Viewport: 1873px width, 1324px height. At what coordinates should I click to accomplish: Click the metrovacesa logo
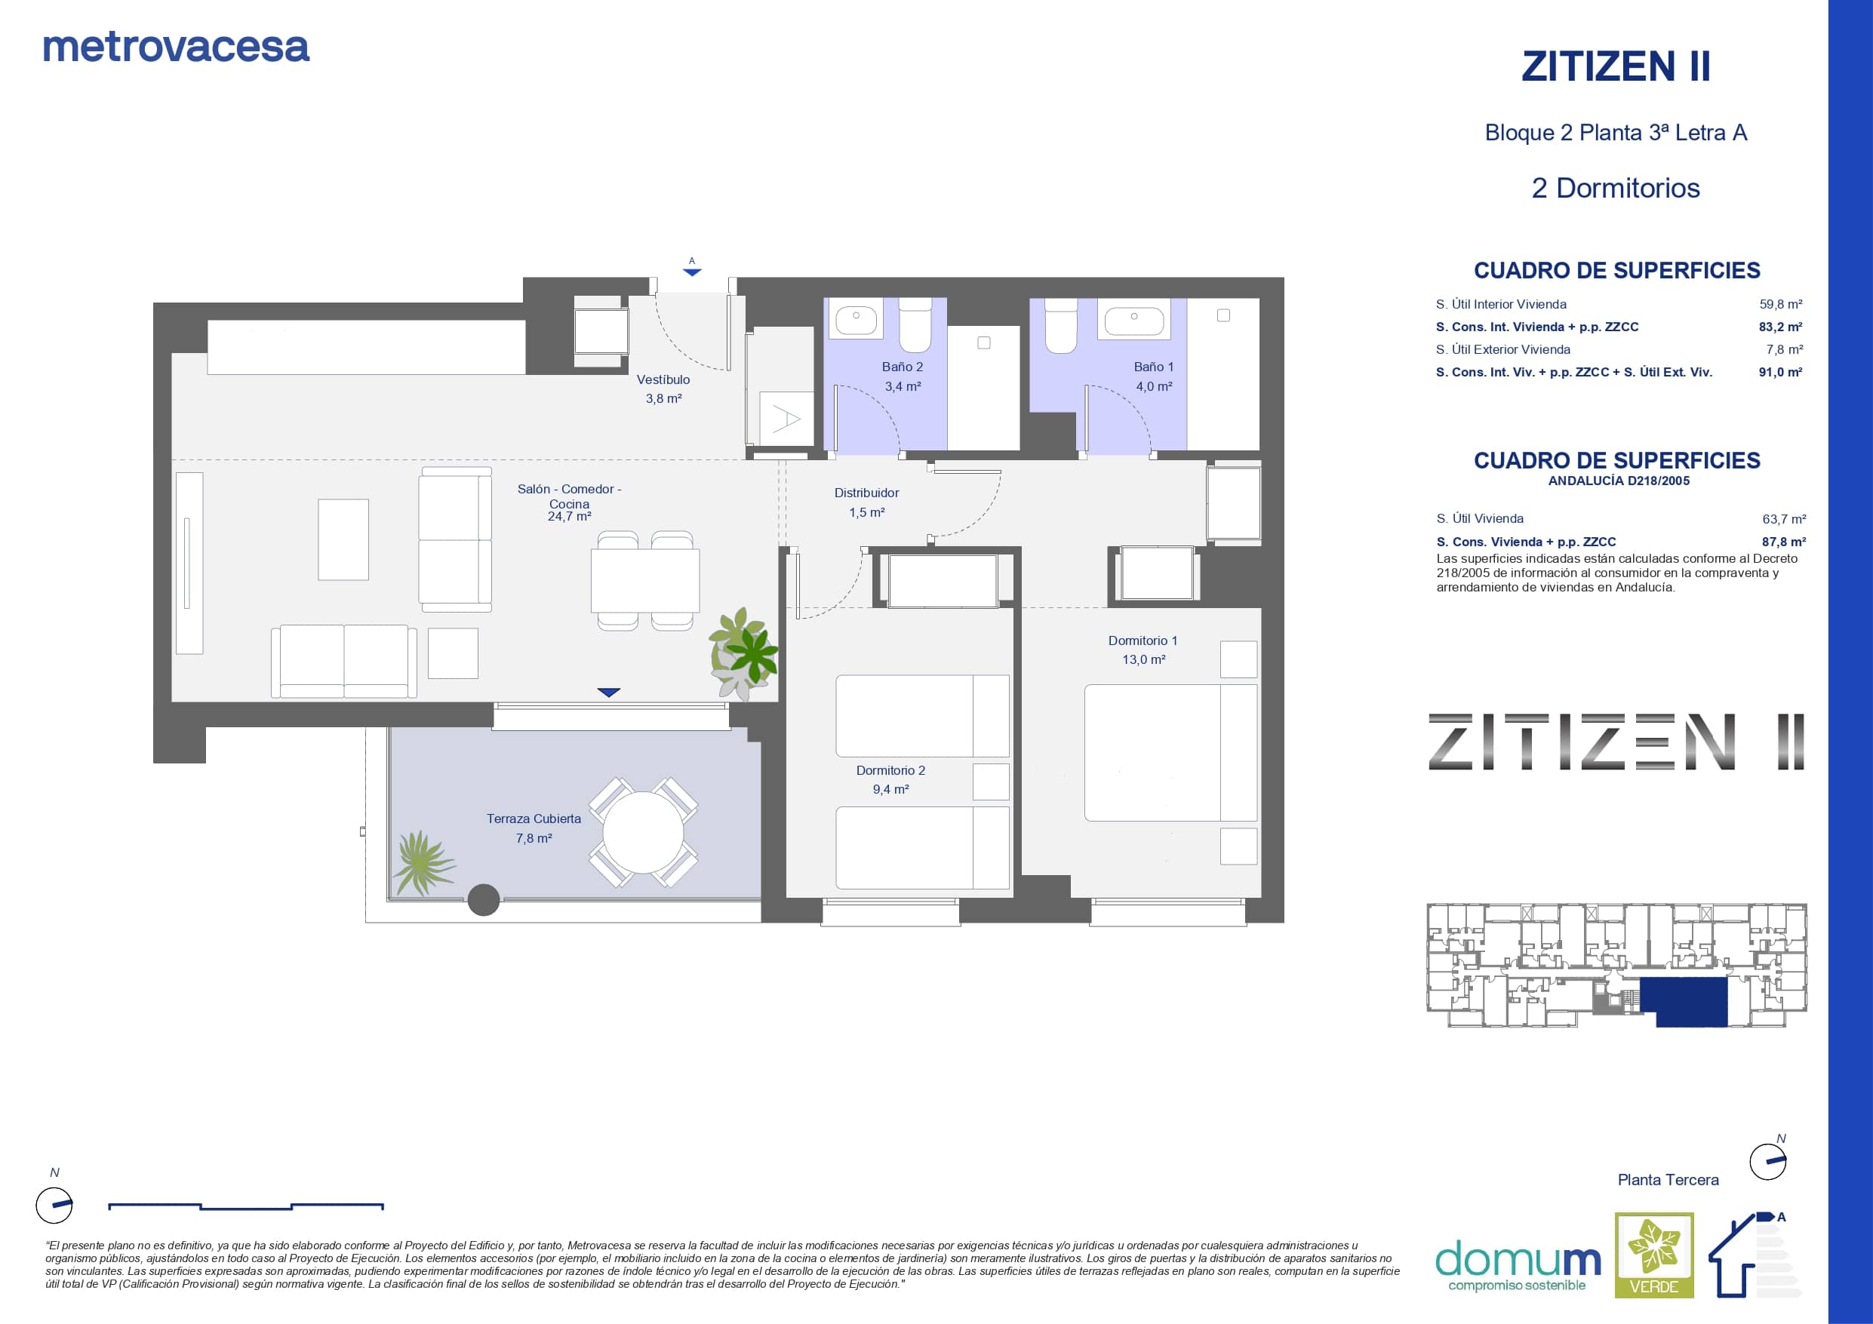[x=176, y=48]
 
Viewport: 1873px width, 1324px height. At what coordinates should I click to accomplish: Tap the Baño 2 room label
[x=903, y=367]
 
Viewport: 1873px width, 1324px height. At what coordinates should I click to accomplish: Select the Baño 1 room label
[x=1154, y=367]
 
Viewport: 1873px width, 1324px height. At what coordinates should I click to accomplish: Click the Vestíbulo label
[x=663, y=379]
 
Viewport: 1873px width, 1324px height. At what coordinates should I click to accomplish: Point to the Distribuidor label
[x=866, y=493]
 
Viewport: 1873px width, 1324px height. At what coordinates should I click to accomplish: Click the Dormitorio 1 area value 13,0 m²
[x=1144, y=659]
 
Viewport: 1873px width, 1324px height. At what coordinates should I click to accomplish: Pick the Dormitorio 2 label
[x=890, y=770]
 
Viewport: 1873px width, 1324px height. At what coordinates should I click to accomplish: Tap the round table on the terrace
[x=643, y=832]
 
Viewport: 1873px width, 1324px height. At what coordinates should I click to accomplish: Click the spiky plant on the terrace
[x=422, y=863]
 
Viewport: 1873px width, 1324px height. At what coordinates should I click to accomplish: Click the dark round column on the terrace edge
[x=484, y=901]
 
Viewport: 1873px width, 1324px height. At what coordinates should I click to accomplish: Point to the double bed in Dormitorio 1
[x=1170, y=752]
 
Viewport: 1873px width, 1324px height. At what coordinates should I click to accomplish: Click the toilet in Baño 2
[x=915, y=324]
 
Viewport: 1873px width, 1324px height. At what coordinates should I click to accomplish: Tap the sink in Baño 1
[x=1134, y=320]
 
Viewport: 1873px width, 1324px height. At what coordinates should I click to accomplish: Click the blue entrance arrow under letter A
[x=692, y=272]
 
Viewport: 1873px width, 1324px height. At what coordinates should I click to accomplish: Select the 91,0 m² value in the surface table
[x=1780, y=372]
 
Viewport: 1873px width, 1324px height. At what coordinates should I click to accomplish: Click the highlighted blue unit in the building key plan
[x=1684, y=1001]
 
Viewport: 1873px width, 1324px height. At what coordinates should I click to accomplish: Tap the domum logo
[x=1518, y=1264]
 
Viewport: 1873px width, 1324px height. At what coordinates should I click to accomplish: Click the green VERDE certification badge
[x=1654, y=1255]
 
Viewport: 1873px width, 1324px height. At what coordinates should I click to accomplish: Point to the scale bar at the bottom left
[x=245, y=1206]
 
